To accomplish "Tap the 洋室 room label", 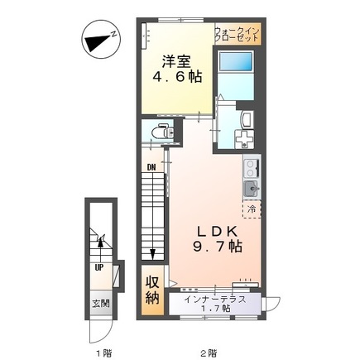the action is (176, 61).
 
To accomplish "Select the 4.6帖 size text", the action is (177, 77).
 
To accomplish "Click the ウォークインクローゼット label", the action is (238, 34).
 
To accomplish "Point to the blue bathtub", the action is (236, 61).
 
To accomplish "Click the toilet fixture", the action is (162, 132).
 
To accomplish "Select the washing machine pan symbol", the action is (244, 139).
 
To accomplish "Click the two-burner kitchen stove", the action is (252, 168).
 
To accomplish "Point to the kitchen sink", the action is (251, 189).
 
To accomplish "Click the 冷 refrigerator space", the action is (252, 209).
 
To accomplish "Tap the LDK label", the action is (217, 231).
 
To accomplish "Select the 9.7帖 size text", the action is (217, 247).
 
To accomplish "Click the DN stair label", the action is (151, 167).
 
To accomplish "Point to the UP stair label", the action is (99, 267).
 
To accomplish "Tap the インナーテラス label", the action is (215, 300).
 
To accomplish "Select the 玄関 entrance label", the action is (101, 304).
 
